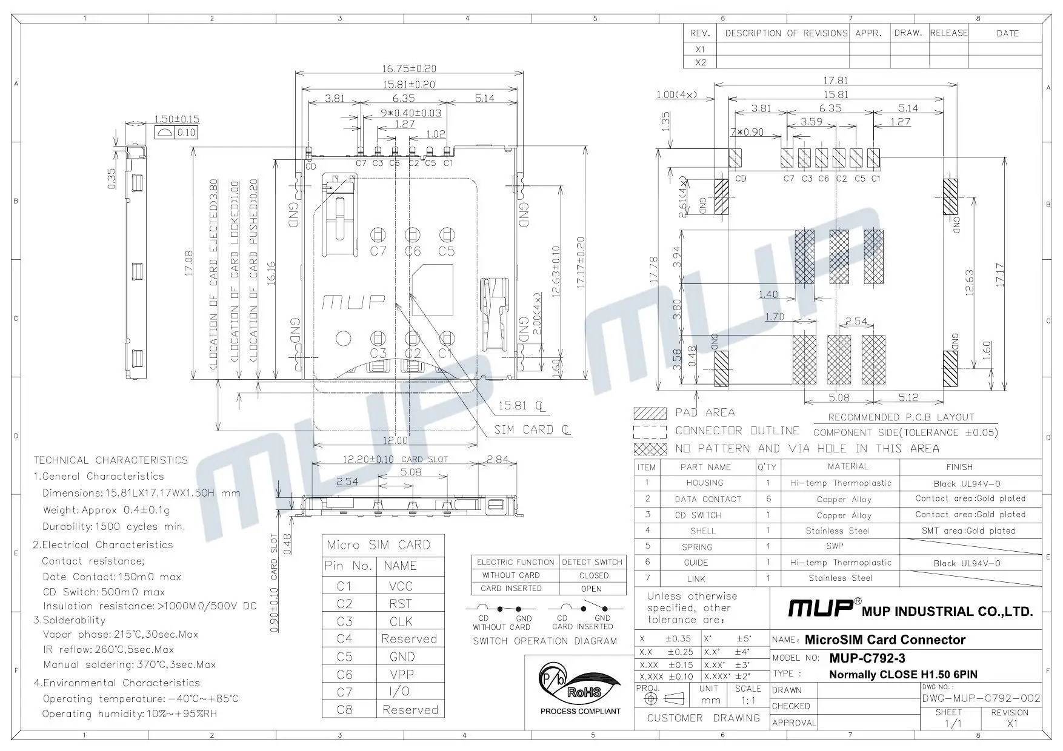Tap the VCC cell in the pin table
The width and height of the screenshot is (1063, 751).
point(400,586)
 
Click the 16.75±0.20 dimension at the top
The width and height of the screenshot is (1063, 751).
point(409,68)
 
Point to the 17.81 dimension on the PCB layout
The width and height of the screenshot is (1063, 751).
point(835,80)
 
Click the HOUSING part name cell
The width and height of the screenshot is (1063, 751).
point(705,483)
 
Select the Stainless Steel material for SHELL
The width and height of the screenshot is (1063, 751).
point(837,531)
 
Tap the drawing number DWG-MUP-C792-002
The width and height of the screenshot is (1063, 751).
point(981,698)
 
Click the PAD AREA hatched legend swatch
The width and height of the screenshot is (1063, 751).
point(650,413)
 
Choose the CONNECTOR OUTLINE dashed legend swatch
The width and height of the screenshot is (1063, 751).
point(650,431)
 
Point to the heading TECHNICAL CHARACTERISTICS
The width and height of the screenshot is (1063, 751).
point(111,460)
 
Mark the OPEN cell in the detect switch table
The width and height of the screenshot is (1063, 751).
point(591,588)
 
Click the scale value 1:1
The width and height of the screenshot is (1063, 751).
point(748,700)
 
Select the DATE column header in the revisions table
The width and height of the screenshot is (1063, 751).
point(1007,33)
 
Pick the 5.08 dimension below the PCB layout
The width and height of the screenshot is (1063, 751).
point(839,398)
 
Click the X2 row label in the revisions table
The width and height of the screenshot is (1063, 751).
point(701,62)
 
